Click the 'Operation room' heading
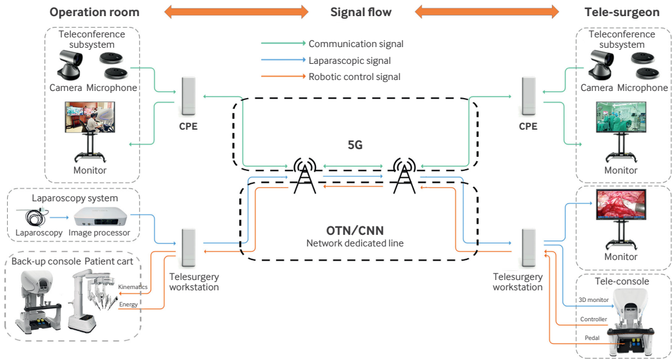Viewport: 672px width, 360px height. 94,12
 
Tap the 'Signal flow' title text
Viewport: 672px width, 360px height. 361,12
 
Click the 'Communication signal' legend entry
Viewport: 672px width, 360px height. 356,44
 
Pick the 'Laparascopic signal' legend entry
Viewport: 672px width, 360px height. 350,61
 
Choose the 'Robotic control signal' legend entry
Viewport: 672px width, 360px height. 355,77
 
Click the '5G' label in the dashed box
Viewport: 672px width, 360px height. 355,145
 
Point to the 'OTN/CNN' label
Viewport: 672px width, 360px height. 355,230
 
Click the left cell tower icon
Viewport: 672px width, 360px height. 302,175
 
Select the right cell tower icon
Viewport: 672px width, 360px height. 404,175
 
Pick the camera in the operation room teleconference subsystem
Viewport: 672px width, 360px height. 69,65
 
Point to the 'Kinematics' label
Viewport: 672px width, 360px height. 133,286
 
